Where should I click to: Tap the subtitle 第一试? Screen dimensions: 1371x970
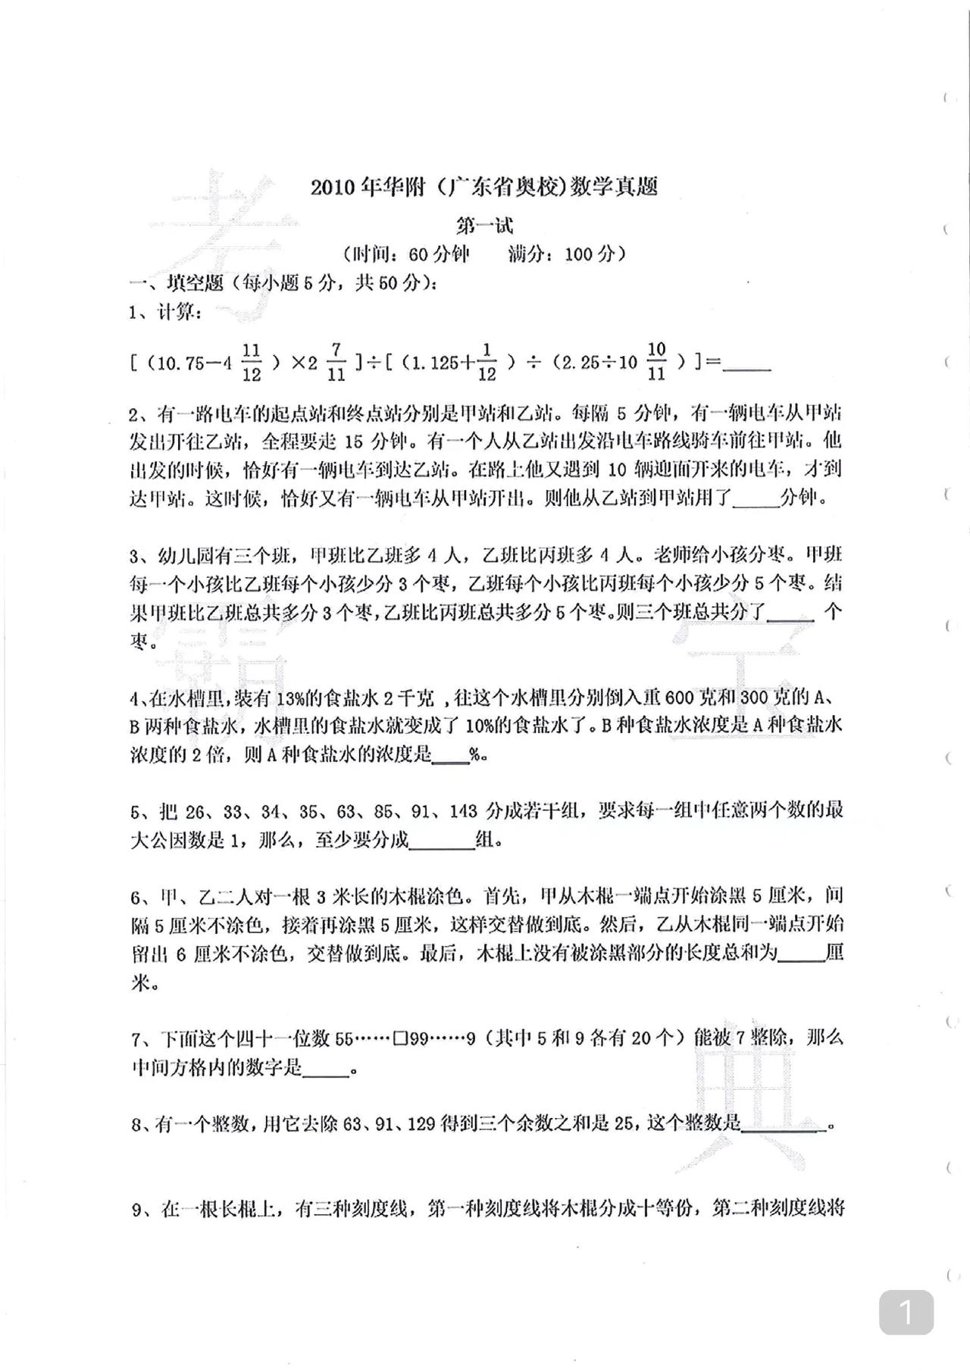click(484, 225)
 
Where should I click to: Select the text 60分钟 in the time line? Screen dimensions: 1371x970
click(440, 254)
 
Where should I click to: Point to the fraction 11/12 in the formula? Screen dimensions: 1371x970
click(252, 362)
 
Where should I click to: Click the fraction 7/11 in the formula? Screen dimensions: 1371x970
click(336, 362)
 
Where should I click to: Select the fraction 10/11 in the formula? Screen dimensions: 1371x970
click(656, 361)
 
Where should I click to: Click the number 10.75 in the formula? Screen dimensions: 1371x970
click(177, 363)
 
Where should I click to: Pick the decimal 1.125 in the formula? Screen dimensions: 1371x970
click(430, 363)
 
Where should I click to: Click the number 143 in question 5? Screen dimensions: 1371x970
click(463, 811)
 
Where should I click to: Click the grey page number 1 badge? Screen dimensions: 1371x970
click(906, 1313)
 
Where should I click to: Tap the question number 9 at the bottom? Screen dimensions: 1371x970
click(137, 1210)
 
